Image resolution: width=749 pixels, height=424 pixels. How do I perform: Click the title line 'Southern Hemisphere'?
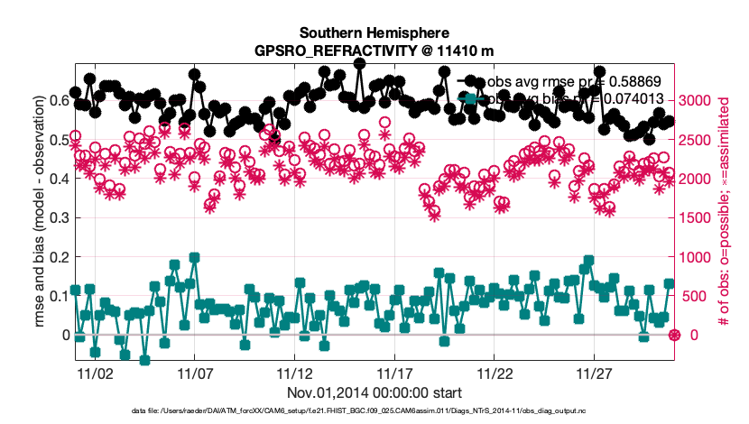[374, 34]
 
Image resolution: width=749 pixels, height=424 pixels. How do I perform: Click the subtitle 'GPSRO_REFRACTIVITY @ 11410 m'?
[374, 51]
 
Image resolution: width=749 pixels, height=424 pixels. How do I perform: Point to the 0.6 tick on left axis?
[56, 100]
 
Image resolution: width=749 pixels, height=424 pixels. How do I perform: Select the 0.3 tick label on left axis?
[56, 217]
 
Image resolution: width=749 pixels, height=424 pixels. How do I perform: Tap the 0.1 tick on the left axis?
[56, 296]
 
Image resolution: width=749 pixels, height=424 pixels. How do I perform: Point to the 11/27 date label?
[595, 372]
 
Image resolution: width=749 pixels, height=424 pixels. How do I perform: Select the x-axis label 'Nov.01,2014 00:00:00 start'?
[374, 392]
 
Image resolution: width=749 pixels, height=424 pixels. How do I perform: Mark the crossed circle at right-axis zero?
[673, 336]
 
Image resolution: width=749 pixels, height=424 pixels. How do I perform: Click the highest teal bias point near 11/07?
[194, 257]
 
